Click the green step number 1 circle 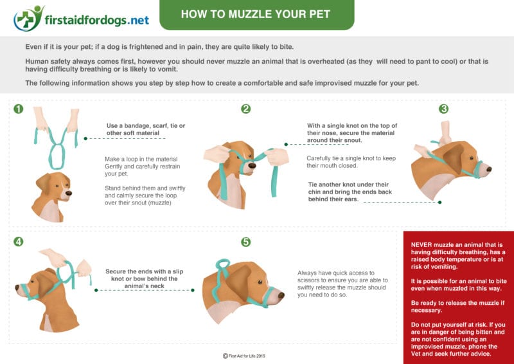[x=18, y=109]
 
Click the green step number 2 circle [x=245, y=109]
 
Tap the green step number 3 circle [x=443, y=109]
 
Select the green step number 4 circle [x=18, y=242]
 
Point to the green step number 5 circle [x=245, y=242]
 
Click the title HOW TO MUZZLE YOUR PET [x=256, y=14]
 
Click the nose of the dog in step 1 [x=69, y=191]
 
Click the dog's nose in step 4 [x=17, y=290]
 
